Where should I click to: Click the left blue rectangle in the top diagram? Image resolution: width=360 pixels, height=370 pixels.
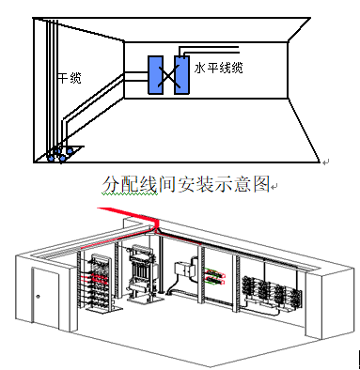[156, 75]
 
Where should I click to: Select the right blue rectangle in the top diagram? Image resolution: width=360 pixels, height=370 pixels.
[182, 75]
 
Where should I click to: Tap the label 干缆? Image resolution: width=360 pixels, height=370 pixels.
[70, 79]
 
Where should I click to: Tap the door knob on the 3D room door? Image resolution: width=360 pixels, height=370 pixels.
[39, 299]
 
